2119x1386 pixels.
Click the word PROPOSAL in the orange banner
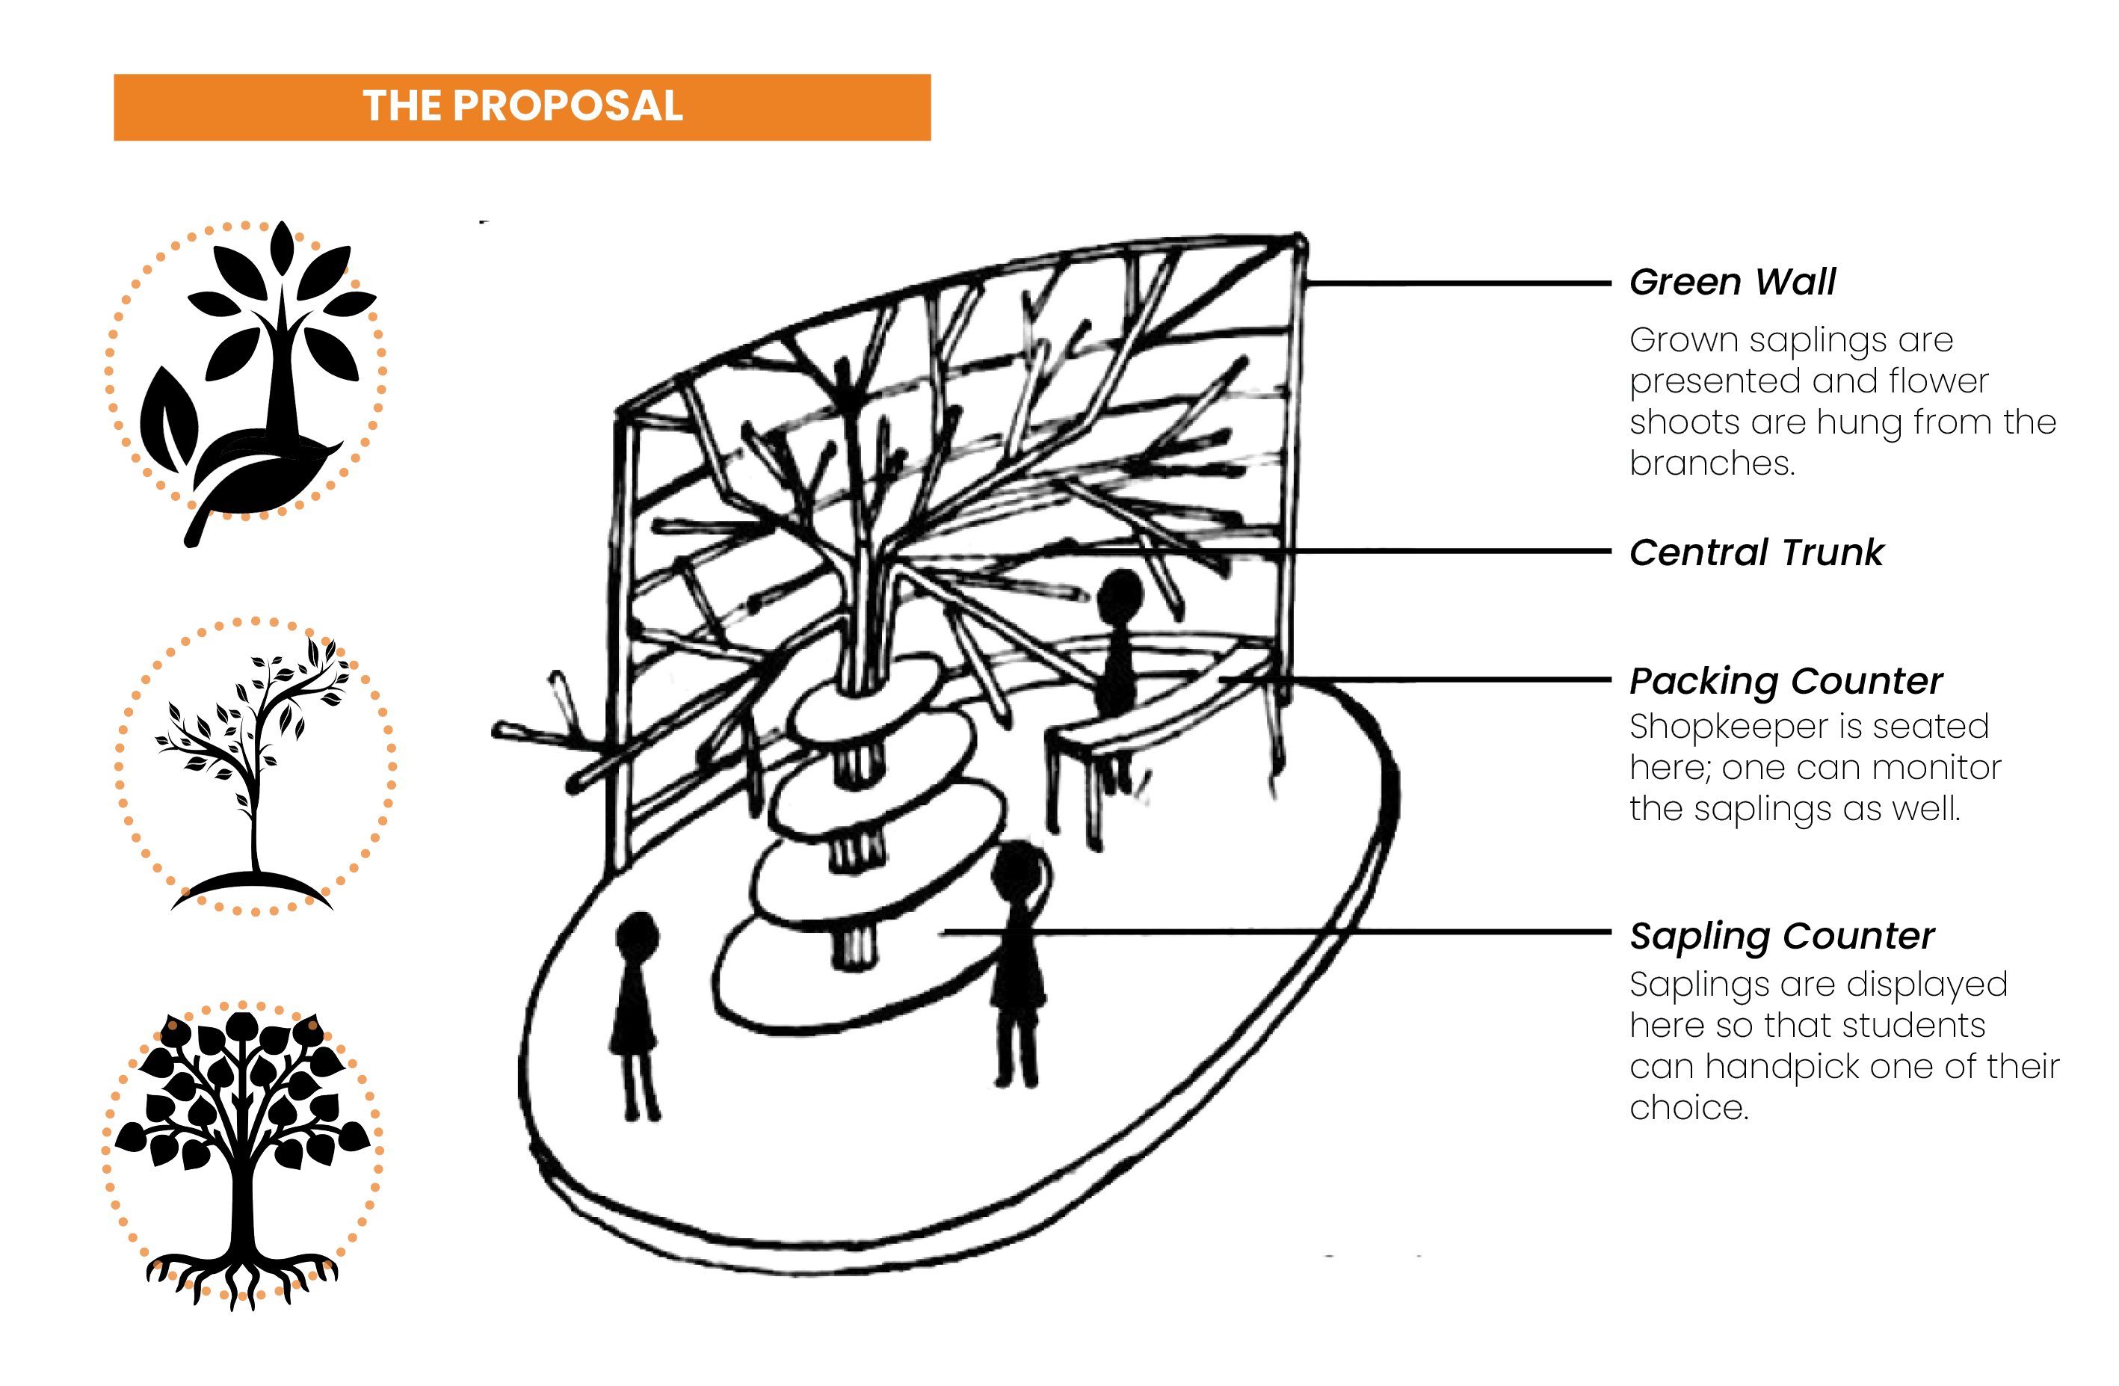pyautogui.click(x=567, y=106)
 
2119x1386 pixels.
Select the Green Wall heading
pyautogui.click(x=1732, y=283)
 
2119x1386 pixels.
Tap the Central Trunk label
pyautogui.click(x=1756, y=552)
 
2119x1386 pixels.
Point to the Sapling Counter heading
pyautogui.click(x=1782, y=936)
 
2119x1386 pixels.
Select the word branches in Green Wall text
pyautogui.click(x=1710, y=463)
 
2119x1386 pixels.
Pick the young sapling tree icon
pyautogui.click(x=253, y=766)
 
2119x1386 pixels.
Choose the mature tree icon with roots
pyautogui.click(x=242, y=1154)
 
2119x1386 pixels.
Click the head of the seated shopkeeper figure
pyautogui.click(x=1119, y=594)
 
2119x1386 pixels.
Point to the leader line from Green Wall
pyautogui.click(x=1461, y=283)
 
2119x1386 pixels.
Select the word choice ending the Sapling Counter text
pyautogui.click(x=1688, y=1108)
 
